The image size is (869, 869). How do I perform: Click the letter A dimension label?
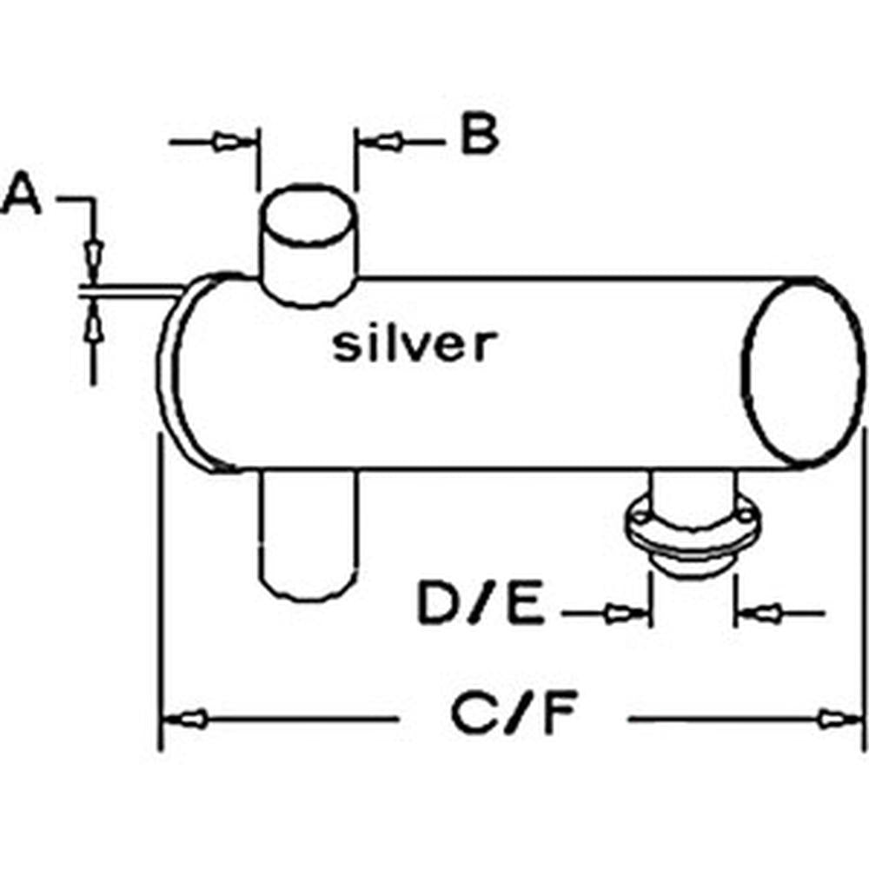pos(23,196)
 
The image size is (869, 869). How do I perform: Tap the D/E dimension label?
pos(481,606)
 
